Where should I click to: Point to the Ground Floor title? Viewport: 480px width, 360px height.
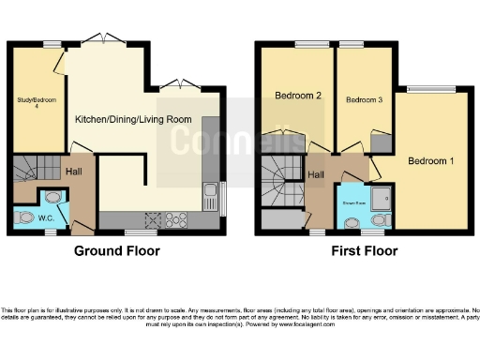(117, 251)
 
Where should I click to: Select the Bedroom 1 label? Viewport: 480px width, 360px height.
(430, 161)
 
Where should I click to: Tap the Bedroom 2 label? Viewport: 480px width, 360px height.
(298, 96)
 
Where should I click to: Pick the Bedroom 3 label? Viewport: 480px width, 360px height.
(362, 99)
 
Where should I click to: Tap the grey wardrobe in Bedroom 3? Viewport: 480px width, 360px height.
(381, 142)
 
